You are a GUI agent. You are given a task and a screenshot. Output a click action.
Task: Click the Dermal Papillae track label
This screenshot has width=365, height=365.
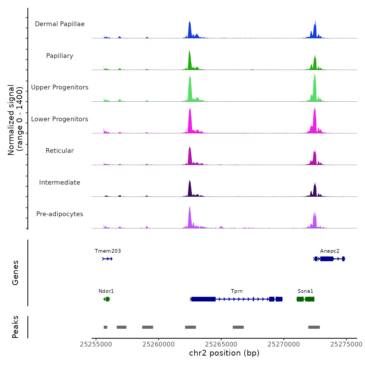(x=60, y=24)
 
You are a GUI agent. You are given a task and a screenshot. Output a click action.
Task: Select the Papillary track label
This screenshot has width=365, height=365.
(x=60, y=56)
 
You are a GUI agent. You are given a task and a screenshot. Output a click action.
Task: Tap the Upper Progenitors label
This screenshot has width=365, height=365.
(x=60, y=87)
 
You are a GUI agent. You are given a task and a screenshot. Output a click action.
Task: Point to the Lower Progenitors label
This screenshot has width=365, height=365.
(x=60, y=119)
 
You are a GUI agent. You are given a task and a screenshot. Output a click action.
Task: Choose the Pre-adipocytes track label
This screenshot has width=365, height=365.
(x=60, y=214)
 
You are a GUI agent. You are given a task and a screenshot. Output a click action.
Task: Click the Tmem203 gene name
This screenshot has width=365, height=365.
(x=108, y=251)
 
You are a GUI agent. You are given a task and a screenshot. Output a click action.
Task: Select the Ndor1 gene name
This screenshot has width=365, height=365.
(x=106, y=291)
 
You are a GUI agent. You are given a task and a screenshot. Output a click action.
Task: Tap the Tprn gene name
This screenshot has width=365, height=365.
(x=237, y=291)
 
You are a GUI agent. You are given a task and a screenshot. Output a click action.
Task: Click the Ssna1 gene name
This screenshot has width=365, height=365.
(x=305, y=291)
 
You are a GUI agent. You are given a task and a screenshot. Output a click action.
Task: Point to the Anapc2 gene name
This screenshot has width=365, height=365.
(x=330, y=251)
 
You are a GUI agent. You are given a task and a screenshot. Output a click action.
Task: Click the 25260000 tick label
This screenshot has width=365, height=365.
(x=159, y=344)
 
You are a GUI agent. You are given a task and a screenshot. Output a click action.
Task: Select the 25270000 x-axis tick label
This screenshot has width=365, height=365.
(x=284, y=344)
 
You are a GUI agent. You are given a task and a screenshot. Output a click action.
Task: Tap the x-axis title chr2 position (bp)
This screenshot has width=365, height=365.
(x=224, y=353)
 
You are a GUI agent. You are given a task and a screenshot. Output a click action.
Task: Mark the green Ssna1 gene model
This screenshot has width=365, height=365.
(x=306, y=299)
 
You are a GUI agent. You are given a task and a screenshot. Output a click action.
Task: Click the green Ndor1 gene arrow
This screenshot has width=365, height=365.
(x=107, y=299)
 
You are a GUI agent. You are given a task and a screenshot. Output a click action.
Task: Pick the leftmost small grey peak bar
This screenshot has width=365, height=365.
(x=105, y=327)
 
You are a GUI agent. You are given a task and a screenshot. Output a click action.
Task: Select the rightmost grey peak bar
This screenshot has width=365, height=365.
(x=314, y=327)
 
